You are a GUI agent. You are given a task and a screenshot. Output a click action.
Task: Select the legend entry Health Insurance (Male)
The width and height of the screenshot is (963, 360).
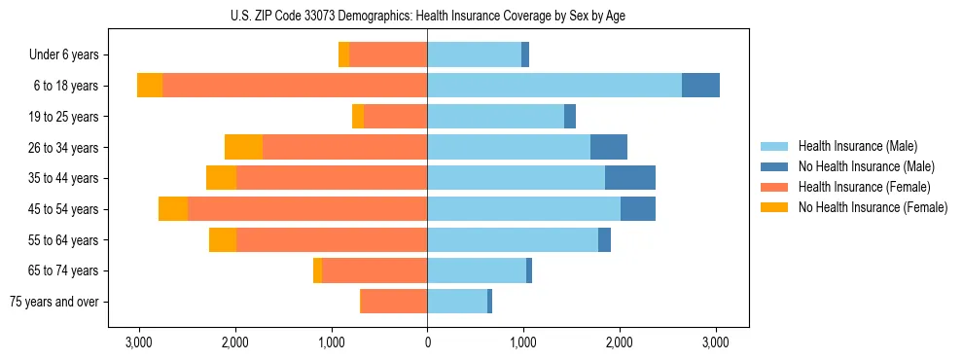857,146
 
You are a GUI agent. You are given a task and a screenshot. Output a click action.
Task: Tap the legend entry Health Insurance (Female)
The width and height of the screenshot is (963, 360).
864,187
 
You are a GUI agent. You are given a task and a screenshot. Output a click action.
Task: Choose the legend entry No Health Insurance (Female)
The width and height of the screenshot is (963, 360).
873,207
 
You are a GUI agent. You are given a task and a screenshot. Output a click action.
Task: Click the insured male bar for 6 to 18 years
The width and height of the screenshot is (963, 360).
554,85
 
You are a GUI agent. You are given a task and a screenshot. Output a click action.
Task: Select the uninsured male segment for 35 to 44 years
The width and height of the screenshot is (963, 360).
630,178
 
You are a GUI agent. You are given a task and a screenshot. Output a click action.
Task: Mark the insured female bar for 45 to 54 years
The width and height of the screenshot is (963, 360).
307,209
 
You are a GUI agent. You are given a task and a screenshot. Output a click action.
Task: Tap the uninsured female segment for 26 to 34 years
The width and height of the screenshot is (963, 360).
244,147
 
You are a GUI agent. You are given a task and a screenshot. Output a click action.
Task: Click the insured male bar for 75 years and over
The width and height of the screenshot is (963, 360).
457,302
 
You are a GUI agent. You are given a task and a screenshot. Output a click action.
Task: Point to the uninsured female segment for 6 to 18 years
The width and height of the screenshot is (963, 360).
150,85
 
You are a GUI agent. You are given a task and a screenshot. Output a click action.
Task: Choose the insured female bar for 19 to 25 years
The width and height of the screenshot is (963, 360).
396,116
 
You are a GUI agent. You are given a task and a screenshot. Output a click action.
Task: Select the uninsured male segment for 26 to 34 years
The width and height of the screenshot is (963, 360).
609,147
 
